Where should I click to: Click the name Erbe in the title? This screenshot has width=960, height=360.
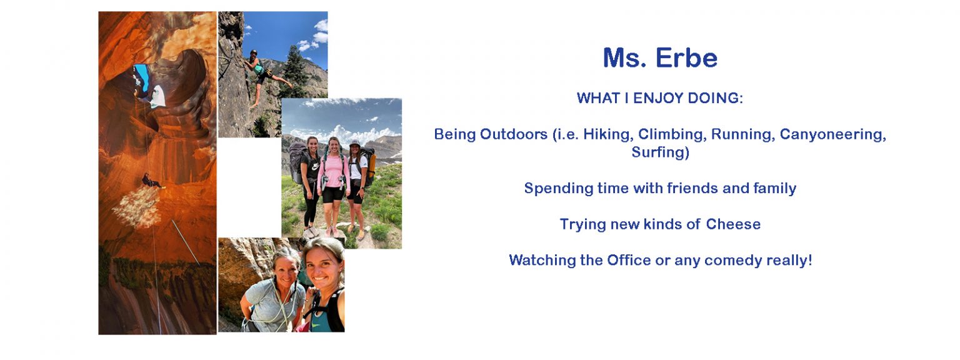click(x=686, y=58)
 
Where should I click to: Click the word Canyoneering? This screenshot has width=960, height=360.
click(x=832, y=134)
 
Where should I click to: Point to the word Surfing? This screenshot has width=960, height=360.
click(x=660, y=152)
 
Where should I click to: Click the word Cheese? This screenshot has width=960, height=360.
click(x=733, y=224)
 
